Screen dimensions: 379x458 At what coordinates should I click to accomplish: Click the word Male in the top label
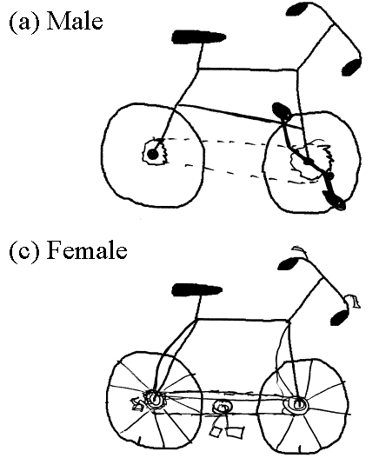click(x=75, y=22)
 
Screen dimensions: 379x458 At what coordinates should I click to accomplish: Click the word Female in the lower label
click(x=87, y=250)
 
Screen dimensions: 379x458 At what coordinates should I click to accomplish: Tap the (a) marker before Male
click(x=24, y=22)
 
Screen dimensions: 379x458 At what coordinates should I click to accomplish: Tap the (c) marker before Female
click(x=24, y=251)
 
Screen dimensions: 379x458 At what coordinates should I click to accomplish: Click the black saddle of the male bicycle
click(x=199, y=37)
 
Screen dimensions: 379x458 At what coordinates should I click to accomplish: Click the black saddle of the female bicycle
click(x=197, y=289)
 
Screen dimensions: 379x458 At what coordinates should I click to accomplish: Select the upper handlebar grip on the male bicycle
click(x=297, y=9)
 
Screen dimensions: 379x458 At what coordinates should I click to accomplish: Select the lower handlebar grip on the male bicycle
click(x=351, y=67)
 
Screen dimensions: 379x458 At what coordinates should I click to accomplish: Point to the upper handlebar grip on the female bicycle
click(x=288, y=263)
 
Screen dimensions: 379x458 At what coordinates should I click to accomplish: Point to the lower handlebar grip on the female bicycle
click(x=340, y=317)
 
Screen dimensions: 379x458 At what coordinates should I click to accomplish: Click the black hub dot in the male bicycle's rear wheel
click(x=152, y=154)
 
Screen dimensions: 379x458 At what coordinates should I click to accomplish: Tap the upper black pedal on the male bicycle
click(x=282, y=111)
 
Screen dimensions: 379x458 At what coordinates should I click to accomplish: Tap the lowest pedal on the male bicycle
click(x=335, y=201)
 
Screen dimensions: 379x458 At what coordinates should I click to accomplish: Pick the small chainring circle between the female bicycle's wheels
click(x=222, y=407)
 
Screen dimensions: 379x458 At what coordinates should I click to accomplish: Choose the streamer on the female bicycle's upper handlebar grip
click(x=299, y=250)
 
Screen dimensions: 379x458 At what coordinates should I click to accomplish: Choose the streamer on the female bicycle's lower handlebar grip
click(x=353, y=301)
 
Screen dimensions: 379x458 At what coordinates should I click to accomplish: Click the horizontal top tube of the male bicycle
click(x=248, y=70)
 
